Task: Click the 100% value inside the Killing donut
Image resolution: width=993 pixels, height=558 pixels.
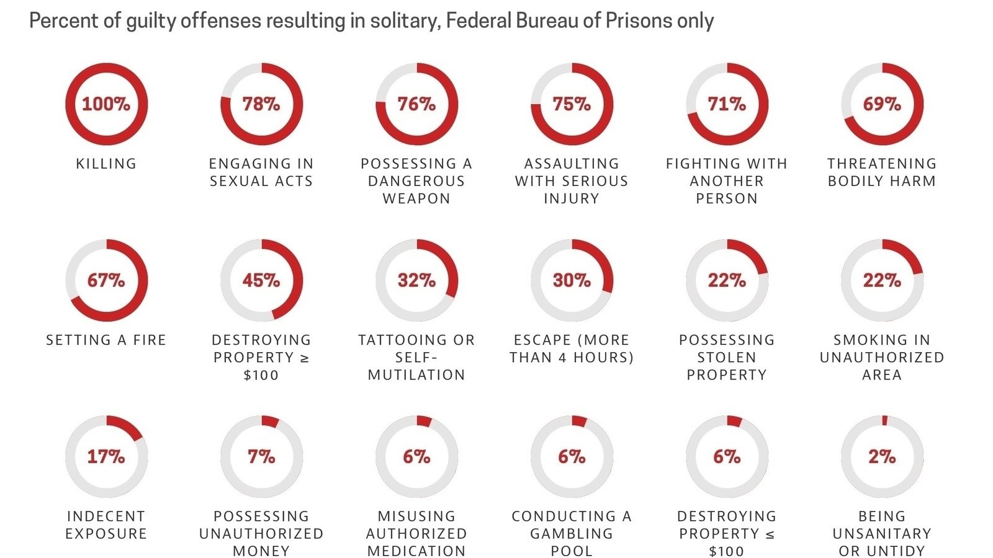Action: pos(106,104)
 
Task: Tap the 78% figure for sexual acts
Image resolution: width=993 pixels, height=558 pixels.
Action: pos(261,104)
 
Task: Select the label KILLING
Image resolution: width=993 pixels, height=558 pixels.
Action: pos(106,164)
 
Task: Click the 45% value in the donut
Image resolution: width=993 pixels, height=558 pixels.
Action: pos(261,280)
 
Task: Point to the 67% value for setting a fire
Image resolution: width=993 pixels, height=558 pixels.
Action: pos(106,280)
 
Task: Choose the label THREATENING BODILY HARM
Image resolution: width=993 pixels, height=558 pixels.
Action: pos(881,172)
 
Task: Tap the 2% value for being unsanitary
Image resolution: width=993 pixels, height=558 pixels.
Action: pos(882,457)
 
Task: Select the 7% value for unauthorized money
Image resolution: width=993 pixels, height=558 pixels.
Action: pos(261,457)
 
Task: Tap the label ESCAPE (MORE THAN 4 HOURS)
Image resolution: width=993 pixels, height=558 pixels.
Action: pos(572,348)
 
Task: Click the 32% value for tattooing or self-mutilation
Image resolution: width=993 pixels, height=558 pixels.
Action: pos(416,280)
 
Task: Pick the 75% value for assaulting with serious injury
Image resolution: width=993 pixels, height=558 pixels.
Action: pos(572,104)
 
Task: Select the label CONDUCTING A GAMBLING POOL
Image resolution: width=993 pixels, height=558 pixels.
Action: pos(572,533)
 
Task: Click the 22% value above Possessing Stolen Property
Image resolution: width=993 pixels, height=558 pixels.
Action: pos(727,280)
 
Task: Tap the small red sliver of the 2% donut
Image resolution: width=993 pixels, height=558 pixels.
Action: pos(885,420)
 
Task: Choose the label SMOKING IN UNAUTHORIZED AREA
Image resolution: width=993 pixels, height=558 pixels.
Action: pos(882,357)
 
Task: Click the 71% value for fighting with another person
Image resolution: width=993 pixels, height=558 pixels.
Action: pos(727,104)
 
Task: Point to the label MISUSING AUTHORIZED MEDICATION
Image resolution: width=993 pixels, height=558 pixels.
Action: pos(416,533)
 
